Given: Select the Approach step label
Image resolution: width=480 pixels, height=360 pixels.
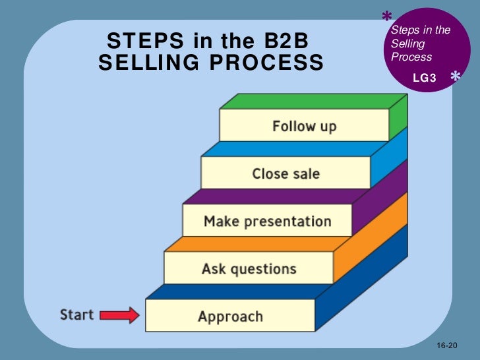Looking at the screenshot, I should [x=230, y=316].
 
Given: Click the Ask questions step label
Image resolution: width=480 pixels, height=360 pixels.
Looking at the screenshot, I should [x=249, y=268].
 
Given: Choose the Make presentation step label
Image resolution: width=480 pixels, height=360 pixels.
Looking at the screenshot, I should [x=267, y=221].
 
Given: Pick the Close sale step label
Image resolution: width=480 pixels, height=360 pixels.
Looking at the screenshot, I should [x=285, y=174].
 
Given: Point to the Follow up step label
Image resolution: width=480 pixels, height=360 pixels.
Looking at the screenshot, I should [x=304, y=126].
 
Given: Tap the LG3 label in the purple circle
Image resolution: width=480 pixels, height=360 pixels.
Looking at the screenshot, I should [x=424, y=78].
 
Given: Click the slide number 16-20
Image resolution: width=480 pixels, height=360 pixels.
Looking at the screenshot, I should [x=446, y=346].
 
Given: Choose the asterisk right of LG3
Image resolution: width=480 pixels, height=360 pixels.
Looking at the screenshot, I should [x=455, y=78].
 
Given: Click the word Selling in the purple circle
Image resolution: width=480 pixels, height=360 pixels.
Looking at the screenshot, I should [x=407, y=44].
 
